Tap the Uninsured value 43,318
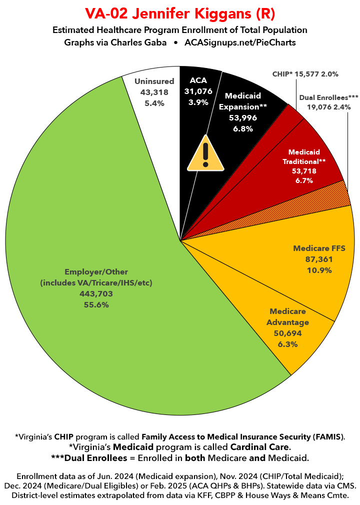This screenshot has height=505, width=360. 154,92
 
